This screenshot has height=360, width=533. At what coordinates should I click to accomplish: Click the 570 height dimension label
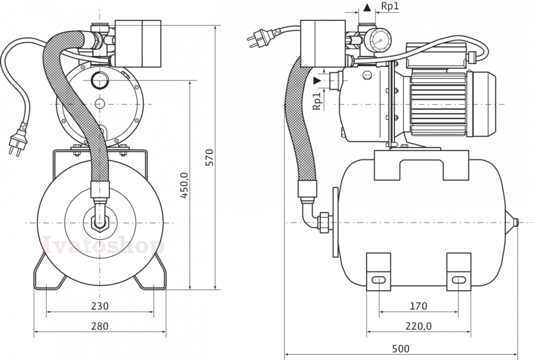coord(210,157)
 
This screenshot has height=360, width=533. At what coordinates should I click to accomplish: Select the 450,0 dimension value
coord(184,185)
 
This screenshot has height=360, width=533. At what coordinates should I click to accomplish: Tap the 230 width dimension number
coord(100,306)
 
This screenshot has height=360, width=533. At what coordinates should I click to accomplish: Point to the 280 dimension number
coord(100,326)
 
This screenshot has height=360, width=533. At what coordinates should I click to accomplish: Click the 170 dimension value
coord(418,306)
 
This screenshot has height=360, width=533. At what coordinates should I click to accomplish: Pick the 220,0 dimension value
coord(419,326)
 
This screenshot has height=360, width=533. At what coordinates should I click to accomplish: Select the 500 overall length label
coord(401,349)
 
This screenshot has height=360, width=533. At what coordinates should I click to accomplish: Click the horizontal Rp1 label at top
coord(390,6)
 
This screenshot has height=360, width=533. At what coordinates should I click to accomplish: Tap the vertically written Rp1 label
coord(316,101)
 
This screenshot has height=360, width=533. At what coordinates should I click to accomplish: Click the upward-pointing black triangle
coord(367,8)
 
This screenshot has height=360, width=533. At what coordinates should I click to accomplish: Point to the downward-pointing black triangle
coord(317,81)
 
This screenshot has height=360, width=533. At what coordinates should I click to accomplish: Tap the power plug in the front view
coord(17,139)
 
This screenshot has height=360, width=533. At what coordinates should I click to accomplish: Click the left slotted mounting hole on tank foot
coord(378,280)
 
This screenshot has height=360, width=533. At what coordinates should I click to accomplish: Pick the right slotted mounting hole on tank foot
coord(458,280)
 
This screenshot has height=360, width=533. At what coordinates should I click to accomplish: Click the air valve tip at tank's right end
coord(516,223)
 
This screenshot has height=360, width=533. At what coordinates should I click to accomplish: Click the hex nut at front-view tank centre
coord(100,223)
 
